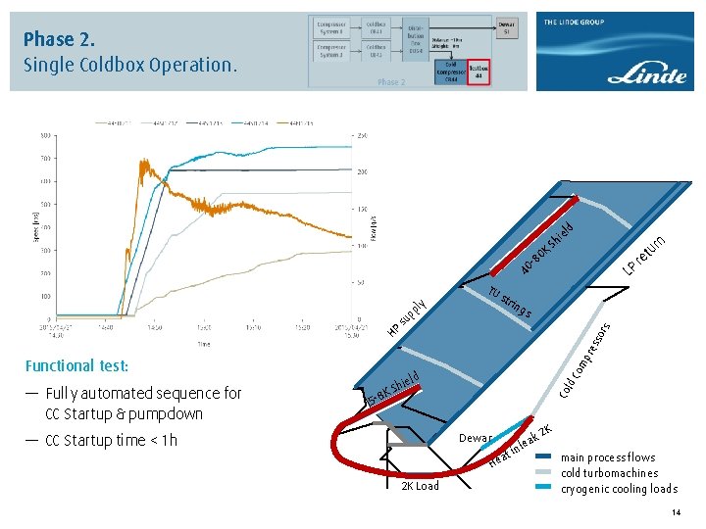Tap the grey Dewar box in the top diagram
[x=506, y=27]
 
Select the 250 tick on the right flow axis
[x=362, y=135]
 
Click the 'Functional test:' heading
[x=76, y=365]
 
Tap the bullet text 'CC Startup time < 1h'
[x=110, y=440]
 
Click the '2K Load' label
[x=420, y=486]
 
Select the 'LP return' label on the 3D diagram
[x=647, y=254]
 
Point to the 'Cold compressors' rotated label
[x=586, y=361]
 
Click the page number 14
[x=676, y=514]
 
